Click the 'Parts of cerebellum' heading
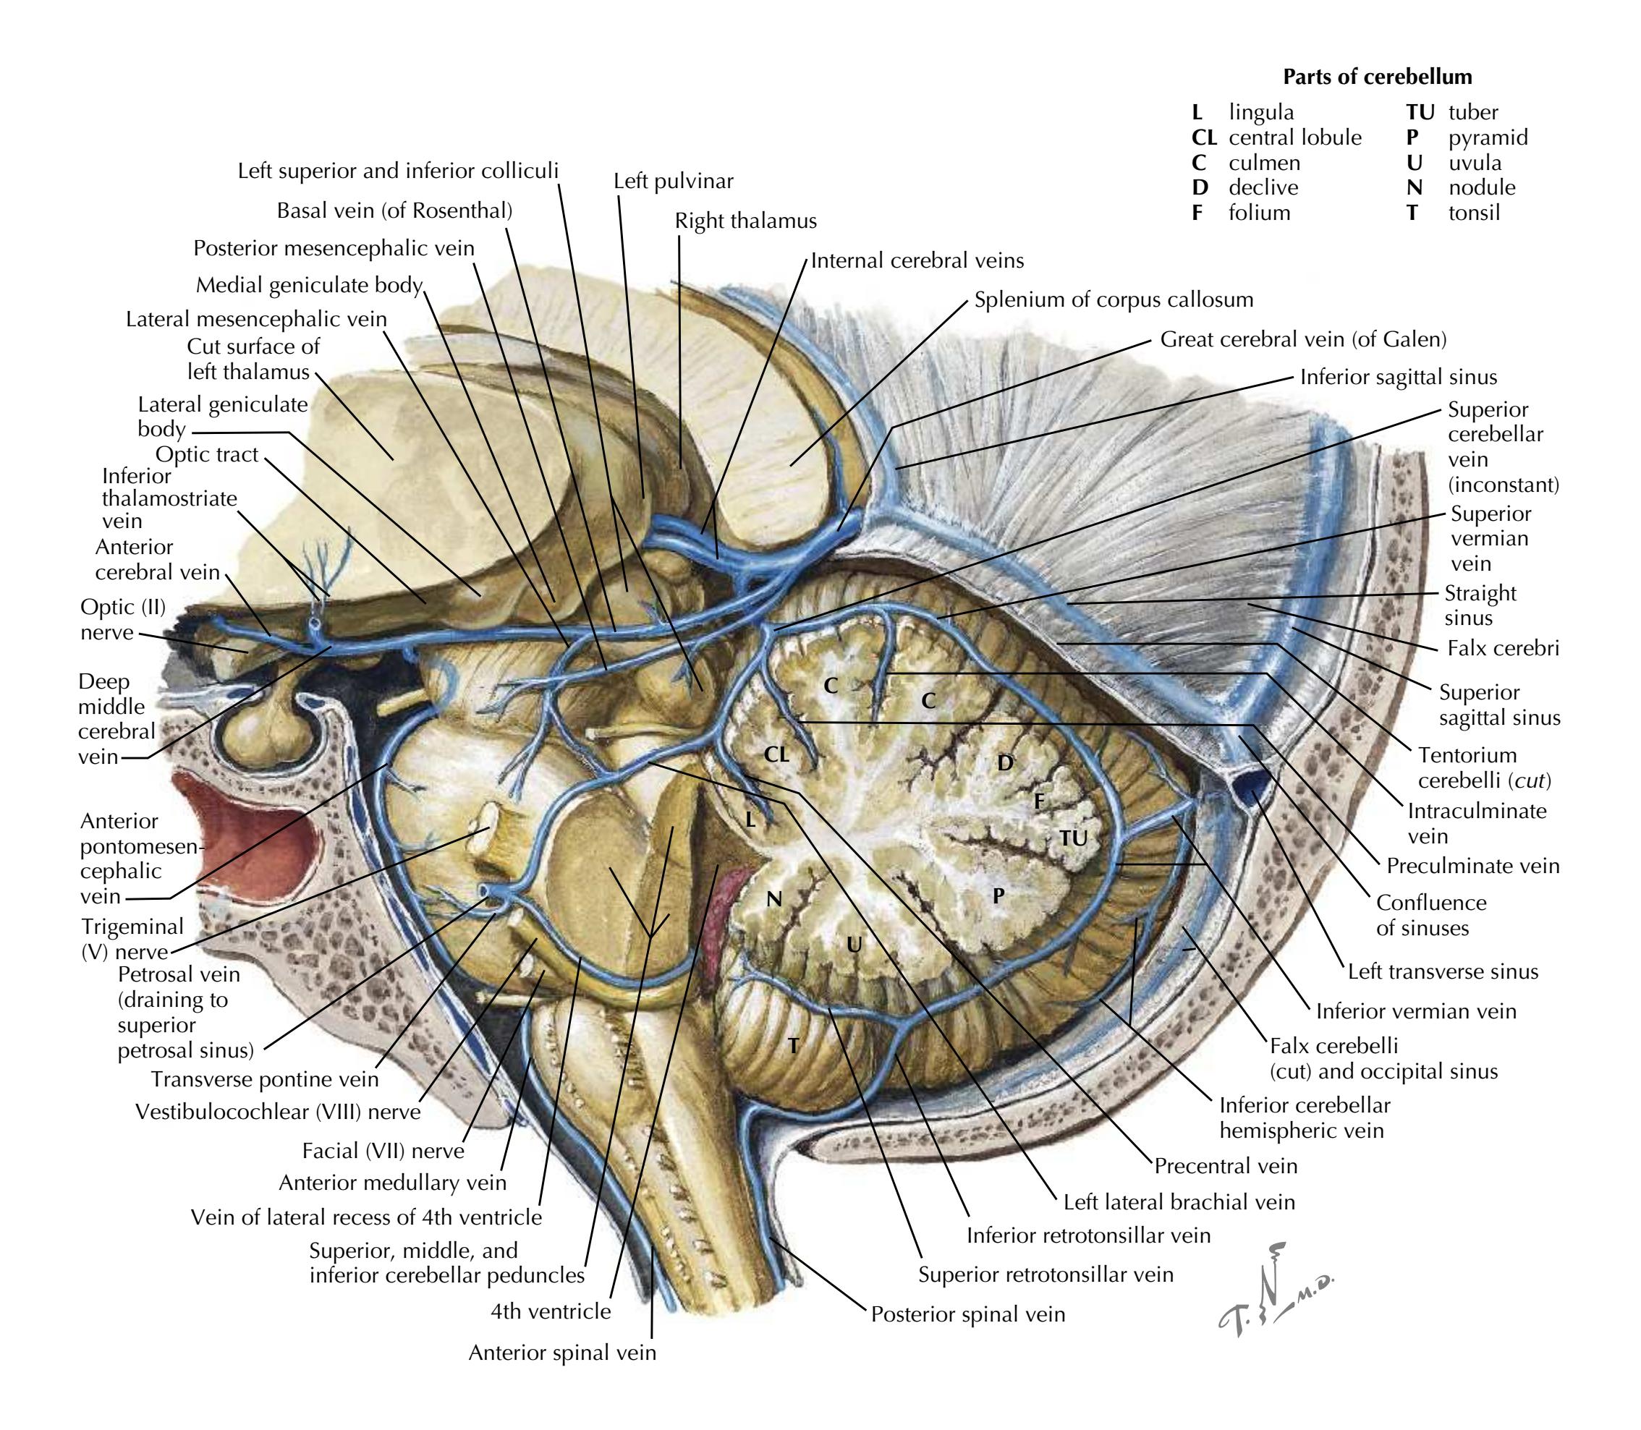point(1377,77)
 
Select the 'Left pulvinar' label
point(673,181)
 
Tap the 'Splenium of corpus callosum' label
point(1114,300)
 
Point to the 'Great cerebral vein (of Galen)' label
point(1302,340)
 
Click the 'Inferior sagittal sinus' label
point(1399,378)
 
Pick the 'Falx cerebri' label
point(1503,647)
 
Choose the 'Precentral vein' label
point(1225,1166)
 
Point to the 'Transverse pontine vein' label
point(264,1080)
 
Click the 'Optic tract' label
point(207,455)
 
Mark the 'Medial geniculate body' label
point(309,285)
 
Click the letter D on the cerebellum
point(1005,763)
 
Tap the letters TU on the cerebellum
point(1074,838)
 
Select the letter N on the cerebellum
point(773,900)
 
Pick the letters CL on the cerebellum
point(776,754)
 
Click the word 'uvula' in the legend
point(1475,163)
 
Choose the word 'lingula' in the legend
point(1261,113)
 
